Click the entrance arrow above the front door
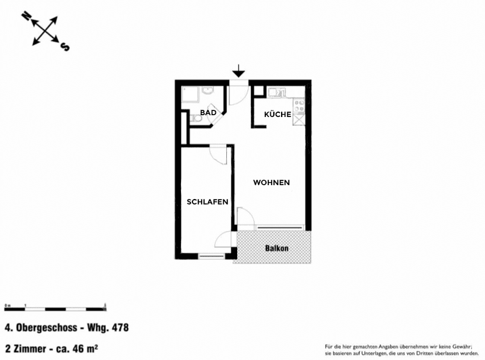tap(239, 71)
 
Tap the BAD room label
tap(208, 113)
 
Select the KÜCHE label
tap(277, 114)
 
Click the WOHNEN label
tap(271, 182)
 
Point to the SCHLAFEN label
tap(208, 202)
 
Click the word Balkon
tap(277, 248)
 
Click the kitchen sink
tap(278, 92)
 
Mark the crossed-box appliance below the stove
tap(299, 121)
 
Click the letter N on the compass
tap(25, 16)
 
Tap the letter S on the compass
tap(65, 47)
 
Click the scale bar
tap(55, 309)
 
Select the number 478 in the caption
tap(119, 329)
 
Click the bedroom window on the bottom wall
tap(211, 257)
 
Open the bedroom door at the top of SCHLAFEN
tap(218, 153)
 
